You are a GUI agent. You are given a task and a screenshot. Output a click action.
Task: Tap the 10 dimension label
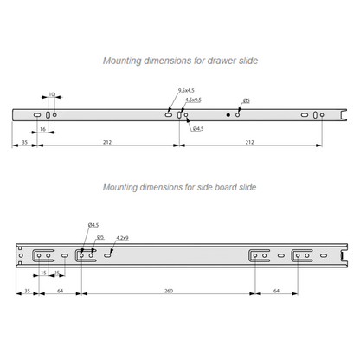52,94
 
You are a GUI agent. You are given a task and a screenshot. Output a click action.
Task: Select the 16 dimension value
42,129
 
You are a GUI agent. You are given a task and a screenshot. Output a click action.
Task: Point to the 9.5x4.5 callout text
186,91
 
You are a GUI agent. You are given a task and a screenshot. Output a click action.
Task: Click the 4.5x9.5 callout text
193,100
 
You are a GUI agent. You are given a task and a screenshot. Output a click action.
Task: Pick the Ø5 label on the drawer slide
247,101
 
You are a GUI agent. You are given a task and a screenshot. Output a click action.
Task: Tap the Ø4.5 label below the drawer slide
198,128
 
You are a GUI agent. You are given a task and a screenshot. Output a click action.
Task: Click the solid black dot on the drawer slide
228,115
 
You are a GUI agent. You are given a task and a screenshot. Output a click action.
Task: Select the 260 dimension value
169,291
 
